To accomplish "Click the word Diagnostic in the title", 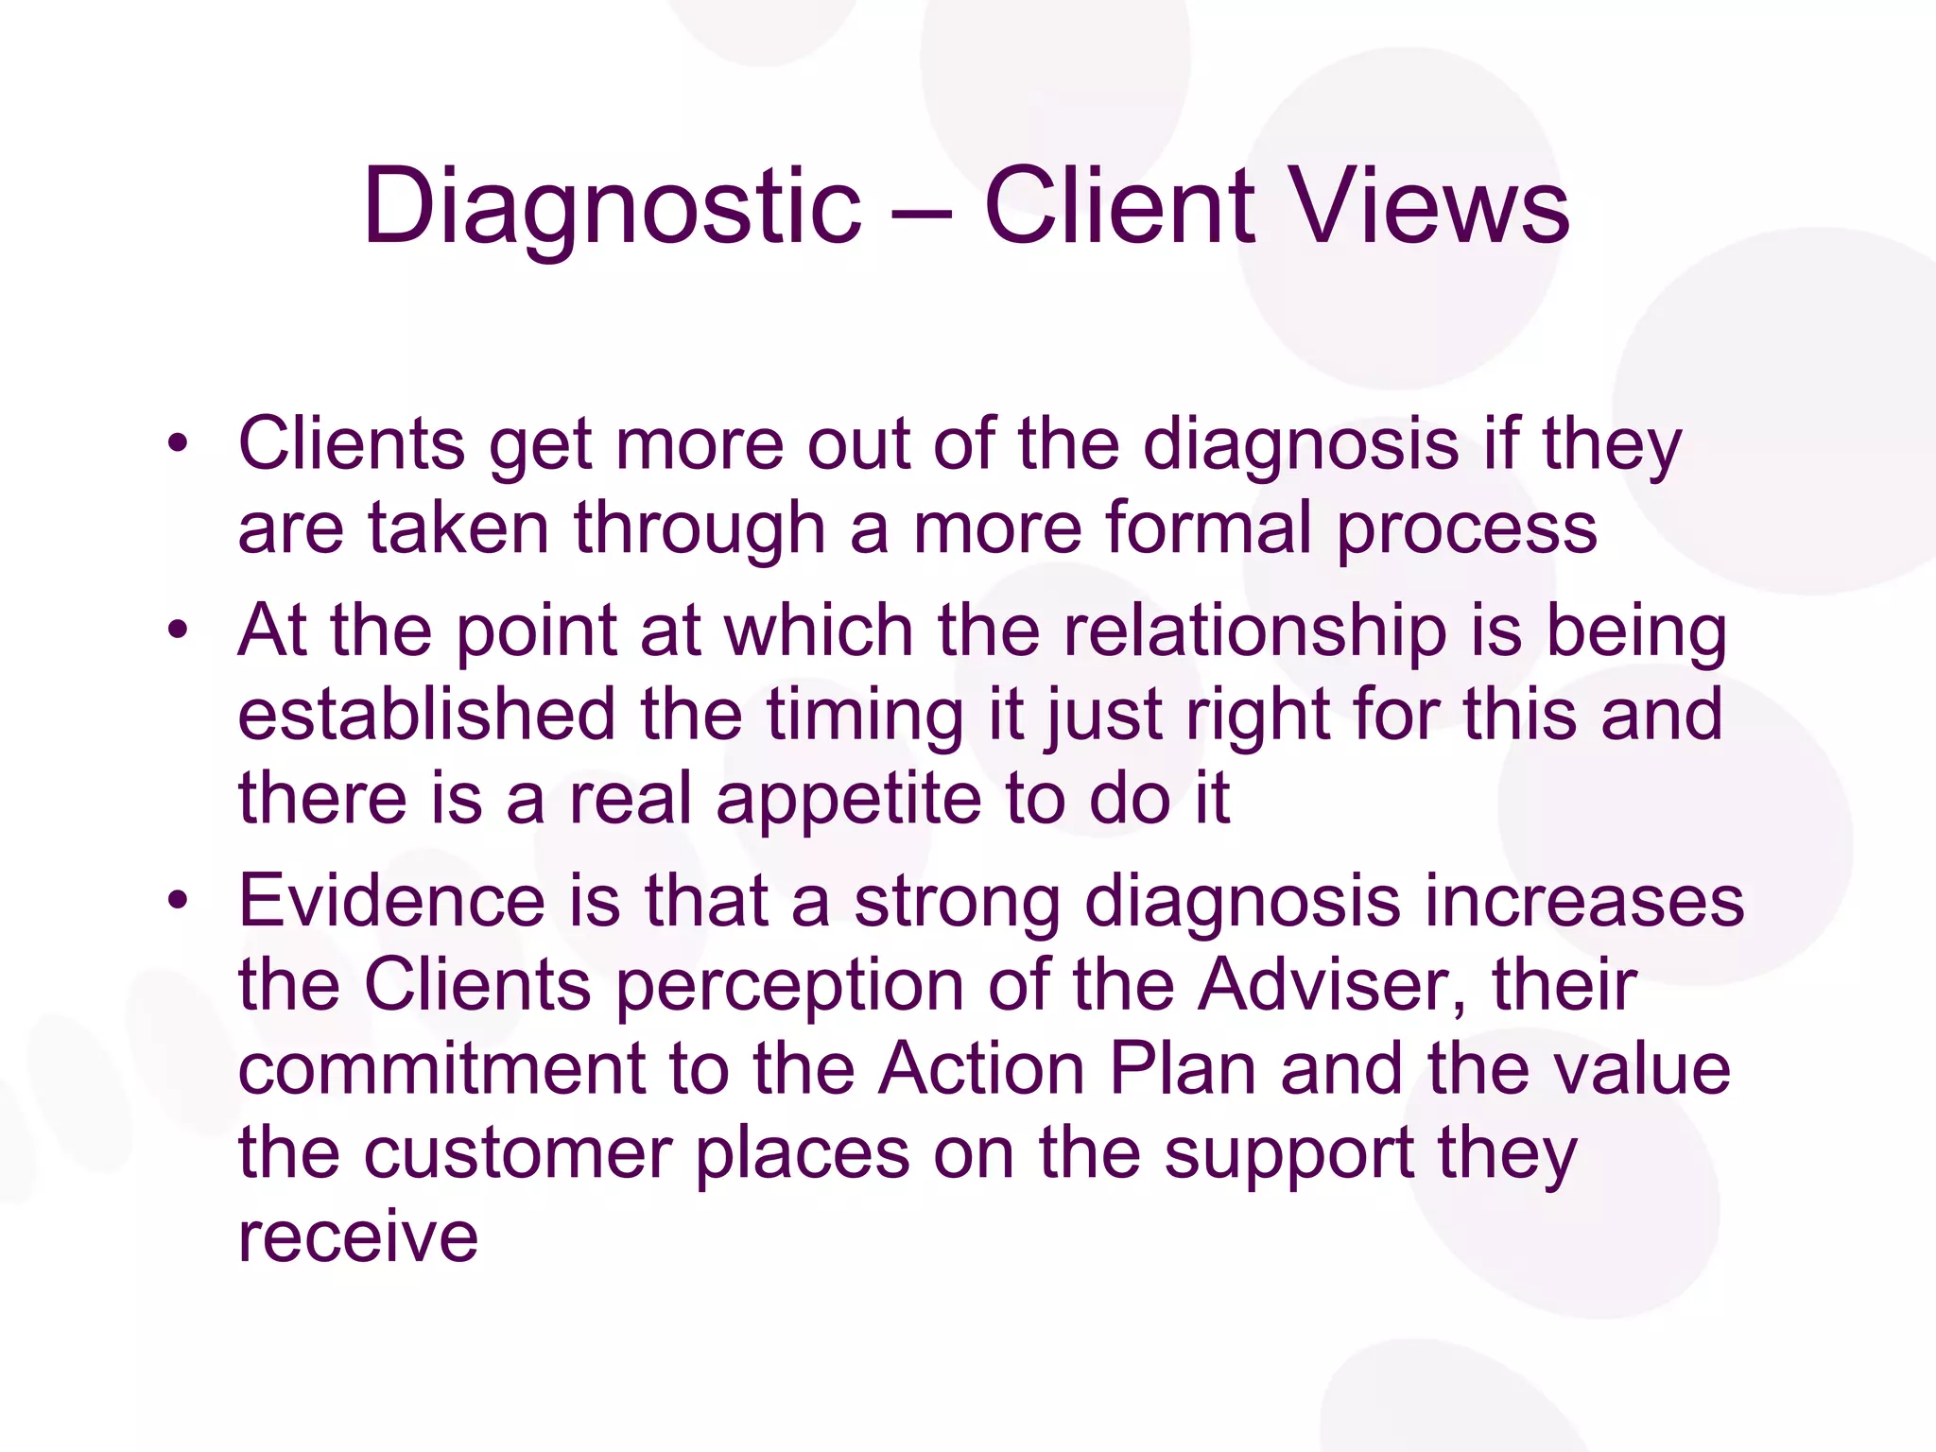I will click(612, 206).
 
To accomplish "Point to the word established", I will click(427, 714).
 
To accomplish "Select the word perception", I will click(790, 987).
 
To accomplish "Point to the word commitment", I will click(442, 1069).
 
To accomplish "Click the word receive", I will click(358, 1236).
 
